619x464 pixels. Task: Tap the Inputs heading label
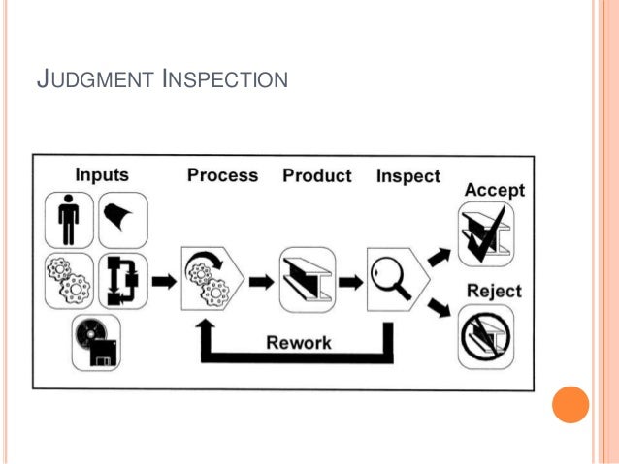coord(102,175)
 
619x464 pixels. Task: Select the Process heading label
coord(223,175)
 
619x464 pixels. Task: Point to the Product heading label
coord(316,175)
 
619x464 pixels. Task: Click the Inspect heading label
coord(407,176)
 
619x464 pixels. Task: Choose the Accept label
coord(495,190)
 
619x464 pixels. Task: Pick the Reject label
coord(494,291)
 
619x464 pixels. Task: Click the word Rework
coord(299,342)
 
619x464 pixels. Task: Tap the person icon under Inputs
coord(68,220)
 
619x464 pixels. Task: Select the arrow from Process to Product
coord(260,282)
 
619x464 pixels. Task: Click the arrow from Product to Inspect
coord(351,282)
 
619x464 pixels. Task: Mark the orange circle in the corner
coord(570,404)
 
